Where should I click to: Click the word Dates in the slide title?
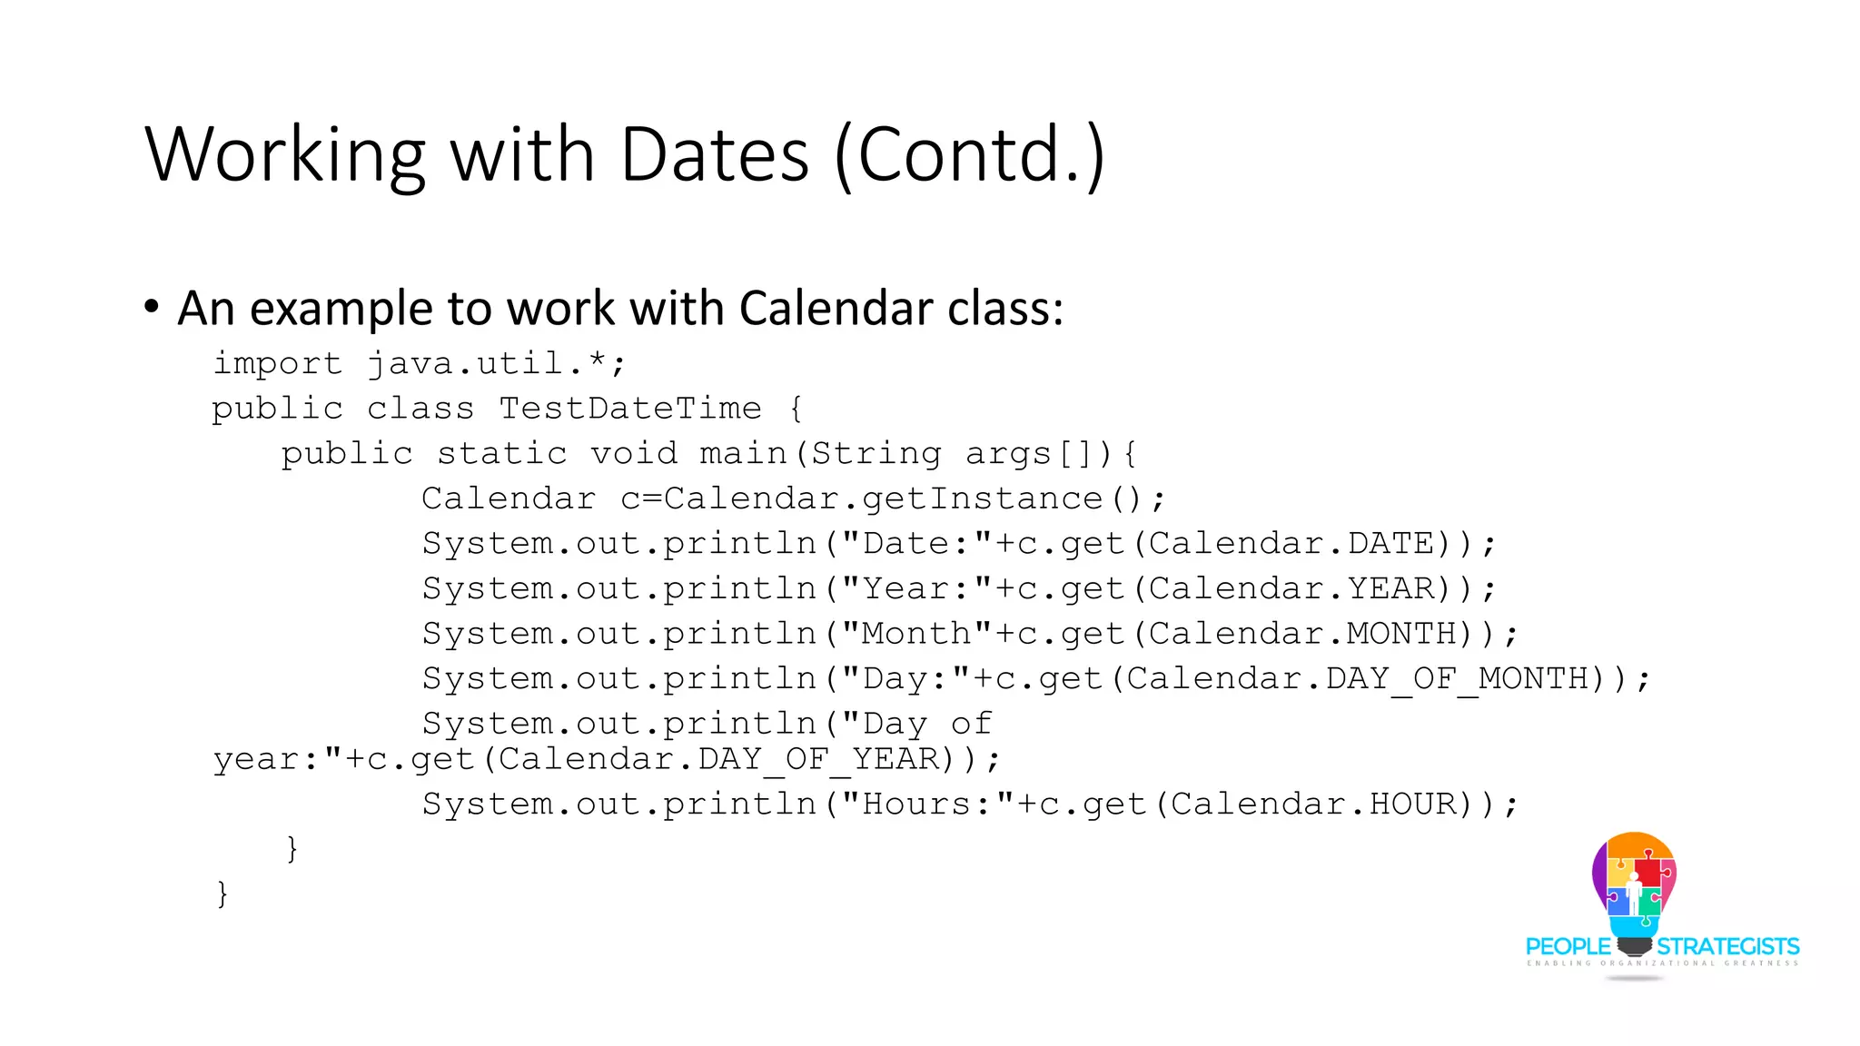click(714, 154)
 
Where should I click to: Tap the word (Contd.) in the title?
click(969, 154)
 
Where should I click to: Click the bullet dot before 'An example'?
click(152, 306)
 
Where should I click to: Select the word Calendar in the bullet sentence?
click(836, 308)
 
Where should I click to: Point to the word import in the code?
click(277, 364)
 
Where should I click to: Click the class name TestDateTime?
click(630, 409)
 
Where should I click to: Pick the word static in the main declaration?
click(502, 453)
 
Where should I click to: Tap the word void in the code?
click(634, 453)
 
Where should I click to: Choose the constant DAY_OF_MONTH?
click(1457, 678)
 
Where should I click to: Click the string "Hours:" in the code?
click(928, 804)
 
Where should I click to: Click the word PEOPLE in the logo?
click(1568, 947)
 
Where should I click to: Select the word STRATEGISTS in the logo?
click(1727, 947)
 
